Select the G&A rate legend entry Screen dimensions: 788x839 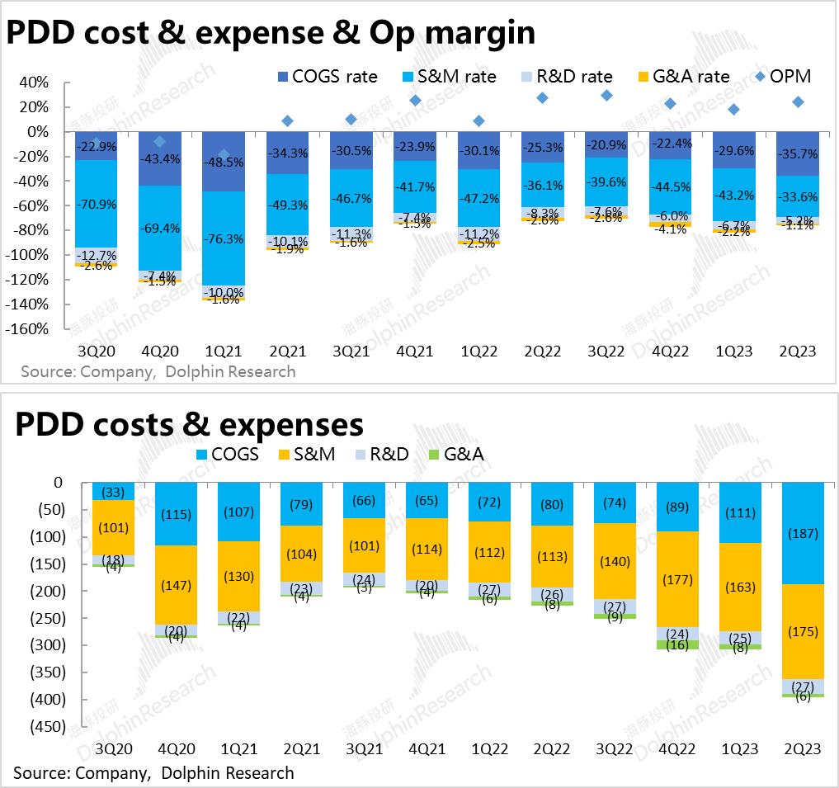tap(681, 77)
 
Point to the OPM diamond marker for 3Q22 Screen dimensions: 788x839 tap(606, 96)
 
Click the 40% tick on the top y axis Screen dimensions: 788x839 tap(34, 83)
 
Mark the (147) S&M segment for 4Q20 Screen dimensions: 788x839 tap(176, 585)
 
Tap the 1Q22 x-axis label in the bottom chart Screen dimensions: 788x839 tap(489, 748)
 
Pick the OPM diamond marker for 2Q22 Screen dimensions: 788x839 tap(542, 98)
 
